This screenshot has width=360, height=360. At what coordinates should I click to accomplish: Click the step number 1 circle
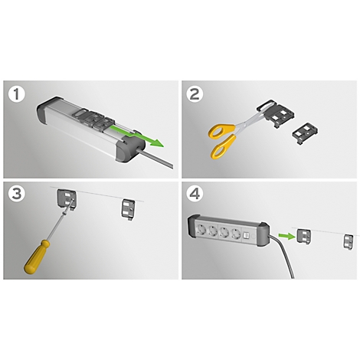coord(17,94)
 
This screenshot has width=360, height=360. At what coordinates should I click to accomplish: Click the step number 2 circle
coord(195,94)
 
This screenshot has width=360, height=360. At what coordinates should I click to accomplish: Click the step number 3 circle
coord(17,194)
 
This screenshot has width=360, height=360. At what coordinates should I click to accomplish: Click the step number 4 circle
coord(195,194)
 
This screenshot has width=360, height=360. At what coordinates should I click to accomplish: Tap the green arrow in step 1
coord(138,136)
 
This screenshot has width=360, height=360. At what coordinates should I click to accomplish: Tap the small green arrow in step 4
coord(286,236)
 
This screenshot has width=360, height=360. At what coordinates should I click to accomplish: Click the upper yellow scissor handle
coord(221,131)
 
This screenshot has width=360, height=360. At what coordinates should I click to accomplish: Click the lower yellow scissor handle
coord(223,147)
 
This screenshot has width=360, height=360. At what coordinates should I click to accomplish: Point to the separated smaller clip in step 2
coord(306,134)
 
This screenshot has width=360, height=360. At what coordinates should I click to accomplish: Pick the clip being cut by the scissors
coord(276,113)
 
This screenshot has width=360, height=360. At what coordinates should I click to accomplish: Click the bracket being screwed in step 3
coord(67,199)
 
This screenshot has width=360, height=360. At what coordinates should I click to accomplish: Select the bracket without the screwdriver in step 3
coord(128,210)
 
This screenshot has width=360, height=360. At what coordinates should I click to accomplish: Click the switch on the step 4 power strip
coord(246,235)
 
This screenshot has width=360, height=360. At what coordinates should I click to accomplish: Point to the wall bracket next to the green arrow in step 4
coord(303,237)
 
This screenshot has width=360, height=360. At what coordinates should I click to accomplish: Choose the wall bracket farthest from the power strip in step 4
coord(349,241)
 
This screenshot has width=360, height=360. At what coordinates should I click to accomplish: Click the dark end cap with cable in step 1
coord(130,149)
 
